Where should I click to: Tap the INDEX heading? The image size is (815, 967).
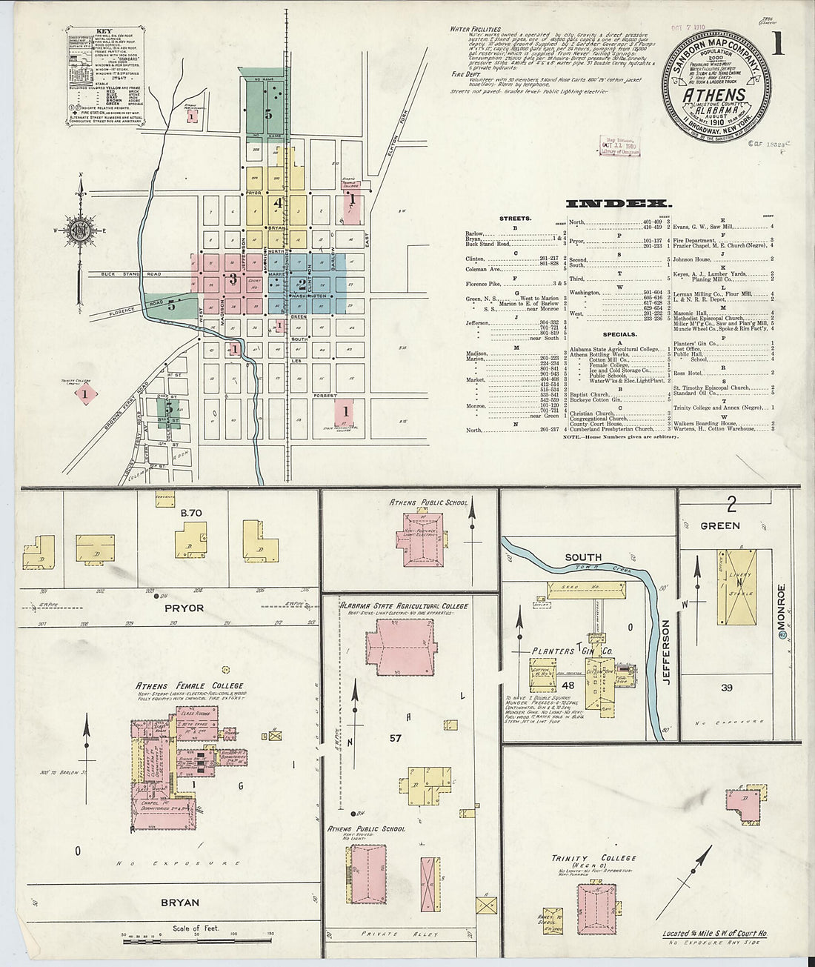click(619, 203)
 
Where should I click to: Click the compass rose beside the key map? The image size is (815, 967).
click(79, 230)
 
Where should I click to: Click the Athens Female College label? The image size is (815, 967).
click(190, 686)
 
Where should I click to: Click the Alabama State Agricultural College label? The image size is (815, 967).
click(405, 605)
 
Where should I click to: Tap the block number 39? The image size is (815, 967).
click(727, 688)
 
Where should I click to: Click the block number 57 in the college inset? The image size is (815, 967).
click(396, 739)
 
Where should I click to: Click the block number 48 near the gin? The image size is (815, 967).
click(568, 686)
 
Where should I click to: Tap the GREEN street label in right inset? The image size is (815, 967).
click(719, 525)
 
